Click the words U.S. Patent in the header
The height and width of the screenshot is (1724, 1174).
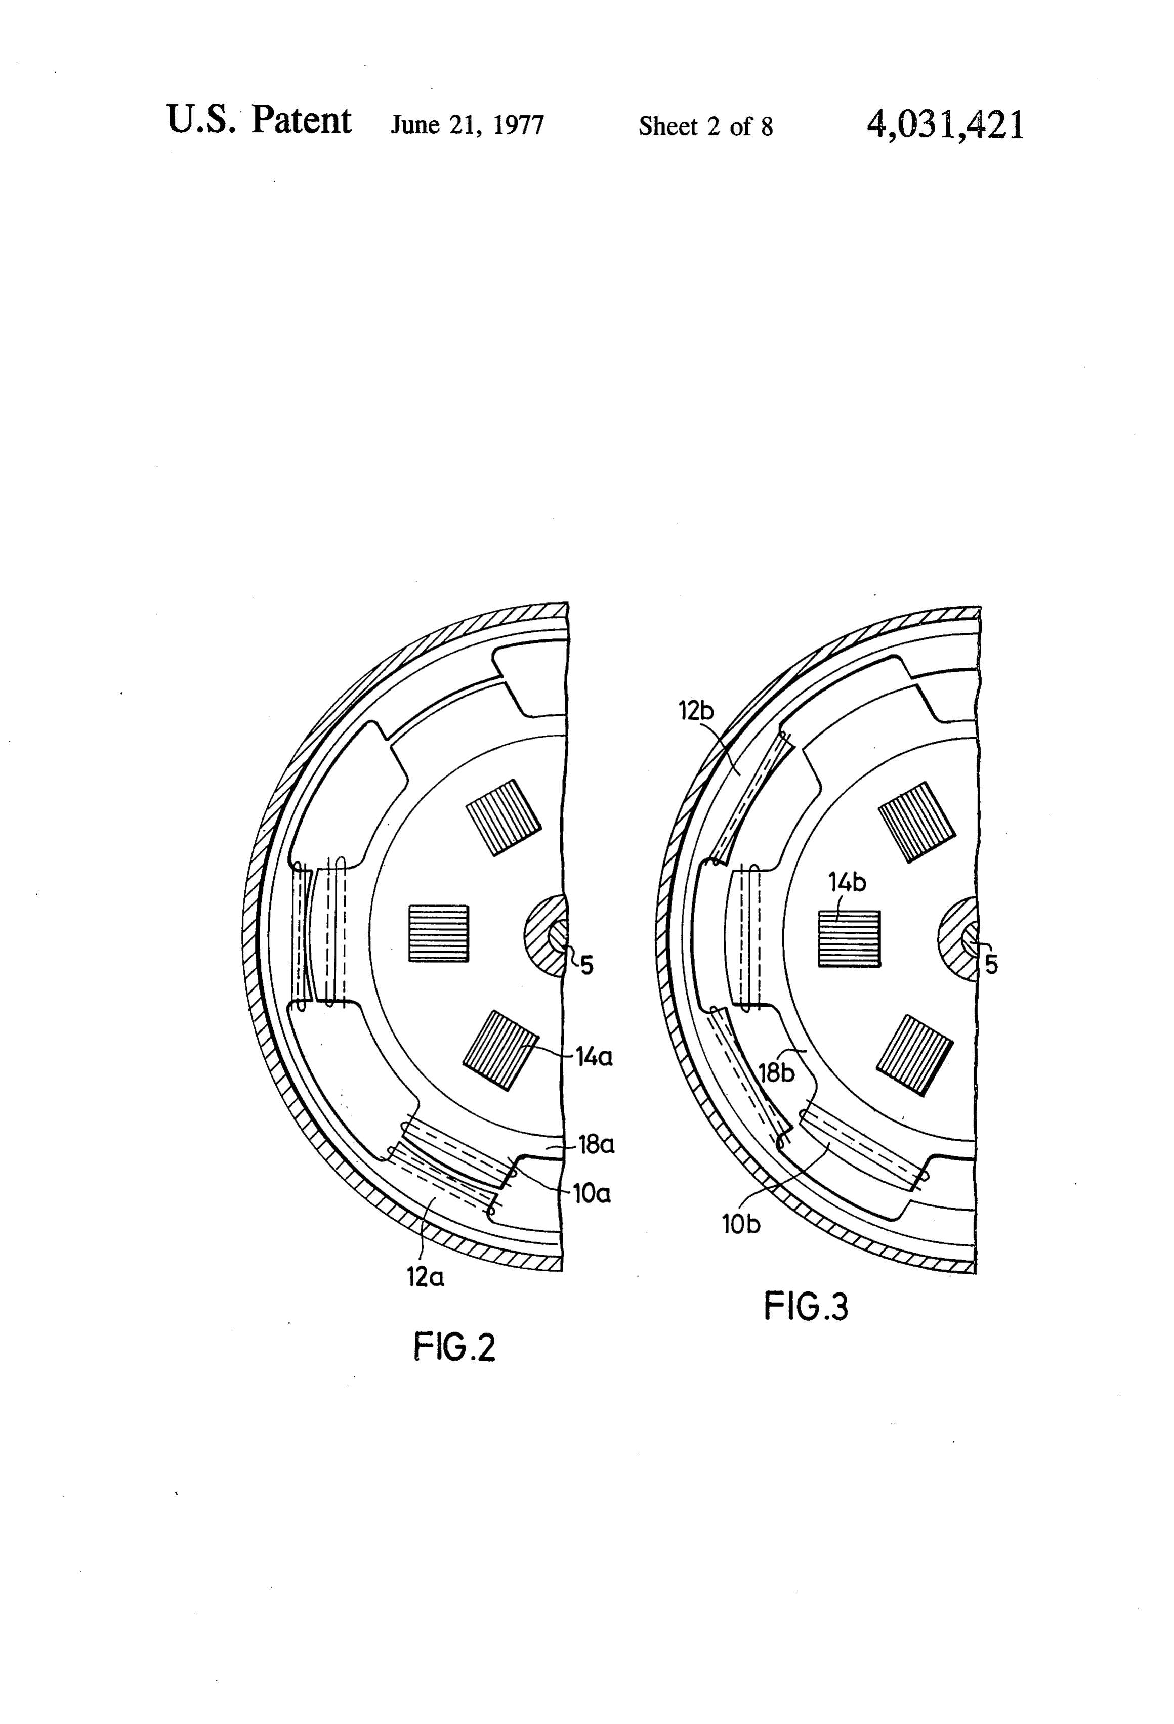tap(259, 120)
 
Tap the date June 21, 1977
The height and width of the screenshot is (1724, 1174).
tap(468, 124)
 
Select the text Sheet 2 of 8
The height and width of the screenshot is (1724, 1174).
tap(706, 126)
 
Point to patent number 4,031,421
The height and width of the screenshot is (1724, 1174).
tap(945, 124)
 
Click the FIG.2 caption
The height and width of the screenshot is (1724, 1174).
tap(454, 1347)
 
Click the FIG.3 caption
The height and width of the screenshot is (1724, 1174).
tap(806, 1306)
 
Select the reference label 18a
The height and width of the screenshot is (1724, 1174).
tap(597, 1145)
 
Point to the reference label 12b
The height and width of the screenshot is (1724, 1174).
tap(696, 711)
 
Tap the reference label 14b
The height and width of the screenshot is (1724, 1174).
tap(848, 883)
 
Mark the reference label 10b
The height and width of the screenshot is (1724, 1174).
tap(741, 1224)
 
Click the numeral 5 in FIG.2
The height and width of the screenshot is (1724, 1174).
tap(586, 965)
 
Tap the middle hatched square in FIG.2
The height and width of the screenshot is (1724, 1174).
tap(439, 933)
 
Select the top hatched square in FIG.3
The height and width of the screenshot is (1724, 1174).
tap(916, 822)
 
